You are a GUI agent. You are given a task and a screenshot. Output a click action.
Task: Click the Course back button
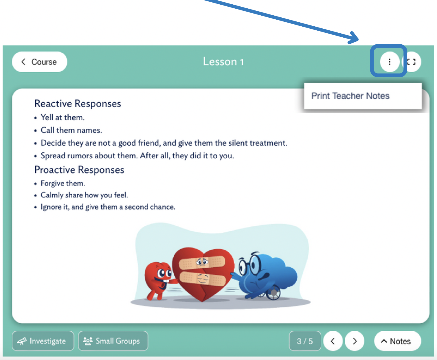[x=39, y=62]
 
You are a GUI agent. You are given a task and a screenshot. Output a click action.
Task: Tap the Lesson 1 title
[x=223, y=62]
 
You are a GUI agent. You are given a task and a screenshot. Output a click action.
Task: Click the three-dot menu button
[x=389, y=62]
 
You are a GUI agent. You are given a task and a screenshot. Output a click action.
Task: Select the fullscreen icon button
[x=412, y=62]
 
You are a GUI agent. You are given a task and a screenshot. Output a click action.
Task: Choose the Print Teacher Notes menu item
[x=350, y=96]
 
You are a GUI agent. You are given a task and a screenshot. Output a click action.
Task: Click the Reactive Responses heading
[x=78, y=104]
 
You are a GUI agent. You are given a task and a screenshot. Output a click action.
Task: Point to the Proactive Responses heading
[x=79, y=170]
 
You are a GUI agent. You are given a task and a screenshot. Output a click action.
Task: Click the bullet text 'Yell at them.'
[x=63, y=117]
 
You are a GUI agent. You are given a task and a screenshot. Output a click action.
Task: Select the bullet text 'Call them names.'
[x=71, y=130]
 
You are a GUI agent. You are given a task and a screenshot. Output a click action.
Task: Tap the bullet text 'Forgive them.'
[x=63, y=183]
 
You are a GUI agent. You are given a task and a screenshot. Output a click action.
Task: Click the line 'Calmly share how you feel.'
[x=84, y=195]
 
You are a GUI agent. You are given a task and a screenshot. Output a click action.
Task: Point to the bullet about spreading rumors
[x=137, y=156]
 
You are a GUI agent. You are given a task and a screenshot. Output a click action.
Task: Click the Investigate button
[x=43, y=341]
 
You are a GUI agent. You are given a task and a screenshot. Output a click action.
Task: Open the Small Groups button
[x=113, y=341]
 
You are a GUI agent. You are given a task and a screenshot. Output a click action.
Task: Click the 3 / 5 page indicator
[x=305, y=341]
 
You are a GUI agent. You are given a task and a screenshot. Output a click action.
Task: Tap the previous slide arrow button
[x=333, y=341]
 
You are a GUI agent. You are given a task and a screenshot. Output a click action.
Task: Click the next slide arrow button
[x=355, y=341]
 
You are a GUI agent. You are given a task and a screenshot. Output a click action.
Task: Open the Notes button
[x=397, y=341]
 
